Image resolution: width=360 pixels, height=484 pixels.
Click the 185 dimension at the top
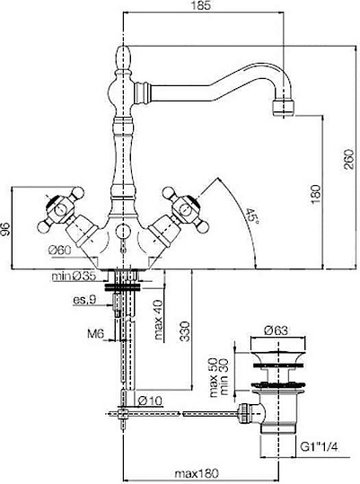click(x=203, y=6)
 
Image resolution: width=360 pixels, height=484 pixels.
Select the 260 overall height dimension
click(x=349, y=158)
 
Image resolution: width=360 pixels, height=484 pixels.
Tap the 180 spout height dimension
click(x=316, y=194)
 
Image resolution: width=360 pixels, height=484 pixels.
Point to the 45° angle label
click(x=252, y=216)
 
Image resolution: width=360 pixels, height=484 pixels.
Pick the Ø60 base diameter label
click(x=59, y=250)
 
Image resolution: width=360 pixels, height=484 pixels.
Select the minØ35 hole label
click(x=74, y=276)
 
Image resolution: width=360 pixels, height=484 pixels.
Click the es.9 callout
click(x=84, y=300)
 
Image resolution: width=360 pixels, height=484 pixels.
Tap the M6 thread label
click(x=95, y=334)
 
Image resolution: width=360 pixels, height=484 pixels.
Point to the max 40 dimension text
click(x=158, y=320)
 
